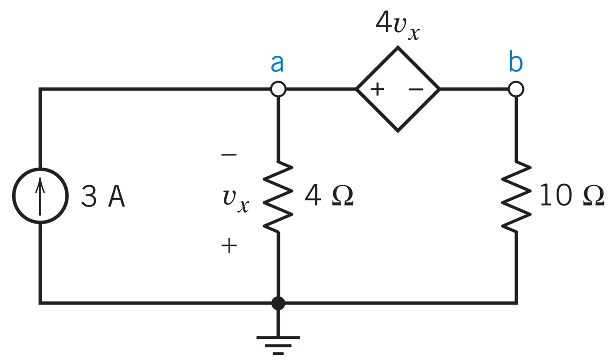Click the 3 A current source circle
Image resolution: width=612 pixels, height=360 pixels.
point(41,196)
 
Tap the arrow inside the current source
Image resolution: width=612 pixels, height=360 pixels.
point(41,195)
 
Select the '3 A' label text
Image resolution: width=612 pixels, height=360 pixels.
point(103,197)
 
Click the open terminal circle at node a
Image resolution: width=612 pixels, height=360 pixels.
point(278,89)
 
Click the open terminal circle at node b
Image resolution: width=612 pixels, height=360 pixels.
point(516,89)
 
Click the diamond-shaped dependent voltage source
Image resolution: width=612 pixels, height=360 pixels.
point(398,89)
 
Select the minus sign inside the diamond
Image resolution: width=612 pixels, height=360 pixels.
point(416,90)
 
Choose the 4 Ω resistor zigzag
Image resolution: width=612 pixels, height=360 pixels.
point(278,196)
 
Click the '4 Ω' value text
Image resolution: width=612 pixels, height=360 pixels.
point(328,196)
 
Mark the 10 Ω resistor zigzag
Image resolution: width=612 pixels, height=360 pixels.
point(516,196)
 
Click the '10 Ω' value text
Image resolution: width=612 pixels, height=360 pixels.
point(571,196)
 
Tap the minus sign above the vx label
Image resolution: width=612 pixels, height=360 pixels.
point(229,155)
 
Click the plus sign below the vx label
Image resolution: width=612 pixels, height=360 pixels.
point(229,245)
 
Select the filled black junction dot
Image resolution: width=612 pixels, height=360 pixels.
point(278,303)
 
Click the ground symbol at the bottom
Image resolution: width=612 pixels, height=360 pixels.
point(278,343)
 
